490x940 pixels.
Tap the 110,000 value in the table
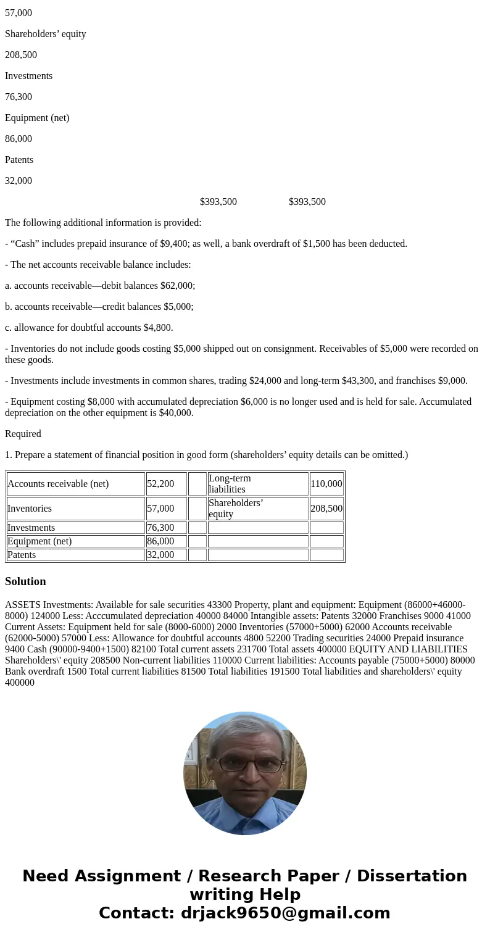(x=326, y=484)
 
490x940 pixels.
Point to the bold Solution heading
(x=25, y=581)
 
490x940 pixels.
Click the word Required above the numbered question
(x=23, y=434)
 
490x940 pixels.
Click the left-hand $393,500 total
(x=218, y=202)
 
